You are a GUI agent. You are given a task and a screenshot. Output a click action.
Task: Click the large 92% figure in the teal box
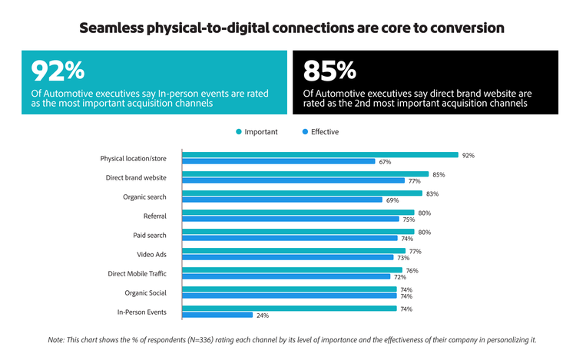pyautogui.click(x=58, y=71)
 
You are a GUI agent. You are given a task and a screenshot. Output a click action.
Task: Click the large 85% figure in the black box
pyautogui.click(x=330, y=71)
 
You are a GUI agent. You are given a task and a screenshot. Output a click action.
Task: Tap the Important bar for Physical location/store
pyautogui.click(x=319, y=155)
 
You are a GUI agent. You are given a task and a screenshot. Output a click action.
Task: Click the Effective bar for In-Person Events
pyautogui.click(x=217, y=315)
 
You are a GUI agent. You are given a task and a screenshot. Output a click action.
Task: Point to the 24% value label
pyautogui.click(x=262, y=315)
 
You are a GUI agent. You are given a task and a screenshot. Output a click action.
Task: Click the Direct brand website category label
pyautogui.click(x=135, y=177)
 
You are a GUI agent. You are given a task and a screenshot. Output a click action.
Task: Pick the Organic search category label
pyautogui.click(x=144, y=197)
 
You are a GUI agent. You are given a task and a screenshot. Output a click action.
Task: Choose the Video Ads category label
pyautogui.click(x=151, y=254)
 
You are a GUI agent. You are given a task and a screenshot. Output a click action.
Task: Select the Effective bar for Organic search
pyautogui.click(x=282, y=200)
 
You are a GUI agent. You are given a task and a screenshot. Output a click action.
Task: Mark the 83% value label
pyautogui.click(x=432, y=193)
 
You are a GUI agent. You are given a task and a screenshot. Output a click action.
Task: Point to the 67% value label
pyautogui.click(x=385, y=161)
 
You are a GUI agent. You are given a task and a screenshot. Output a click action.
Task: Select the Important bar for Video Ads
pyautogui.click(x=293, y=251)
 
